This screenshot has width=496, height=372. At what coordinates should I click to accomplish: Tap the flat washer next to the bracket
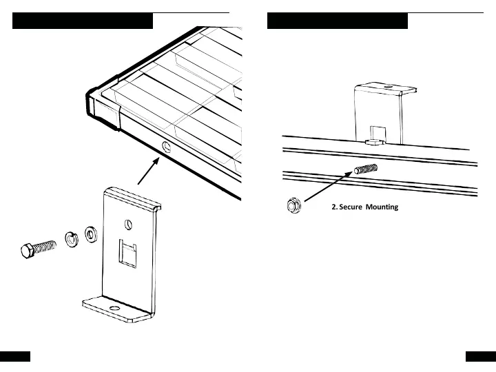90,234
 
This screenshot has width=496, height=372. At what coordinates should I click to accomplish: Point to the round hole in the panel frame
166,146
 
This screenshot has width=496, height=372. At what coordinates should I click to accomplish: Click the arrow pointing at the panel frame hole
148,170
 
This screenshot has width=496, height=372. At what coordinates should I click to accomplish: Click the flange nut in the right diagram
292,206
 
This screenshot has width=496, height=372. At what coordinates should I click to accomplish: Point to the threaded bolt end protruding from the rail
366,169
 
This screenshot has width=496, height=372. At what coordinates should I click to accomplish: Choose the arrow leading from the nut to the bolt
329,187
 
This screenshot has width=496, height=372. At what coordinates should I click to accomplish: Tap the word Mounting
382,207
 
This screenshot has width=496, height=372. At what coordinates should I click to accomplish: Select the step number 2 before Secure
333,207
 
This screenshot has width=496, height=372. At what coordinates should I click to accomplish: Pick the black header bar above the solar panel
83,21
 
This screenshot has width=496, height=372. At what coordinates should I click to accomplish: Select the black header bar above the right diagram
338,21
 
